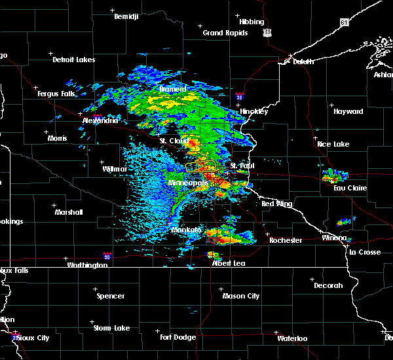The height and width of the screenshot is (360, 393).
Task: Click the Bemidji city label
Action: coord(126,16)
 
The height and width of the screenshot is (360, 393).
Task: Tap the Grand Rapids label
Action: coord(225,33)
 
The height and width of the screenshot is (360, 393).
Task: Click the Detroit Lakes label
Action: coord(73,60)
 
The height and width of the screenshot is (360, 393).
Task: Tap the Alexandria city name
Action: coord(100,120)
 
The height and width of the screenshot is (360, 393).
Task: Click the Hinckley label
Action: coord(253,111)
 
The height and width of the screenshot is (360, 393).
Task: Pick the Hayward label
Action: coord(348,111)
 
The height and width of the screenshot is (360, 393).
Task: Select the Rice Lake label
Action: coord(333,144)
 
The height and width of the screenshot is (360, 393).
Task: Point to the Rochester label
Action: coord(286,240)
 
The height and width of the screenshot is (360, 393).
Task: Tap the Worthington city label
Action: coord(86,265)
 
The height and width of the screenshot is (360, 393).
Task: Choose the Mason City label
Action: coord(240,296)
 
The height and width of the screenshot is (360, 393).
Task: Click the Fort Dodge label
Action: coord(178,337)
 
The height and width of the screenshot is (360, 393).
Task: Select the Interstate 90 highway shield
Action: coord(106,256)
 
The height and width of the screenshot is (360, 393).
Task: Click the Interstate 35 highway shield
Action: coord(240,96)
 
